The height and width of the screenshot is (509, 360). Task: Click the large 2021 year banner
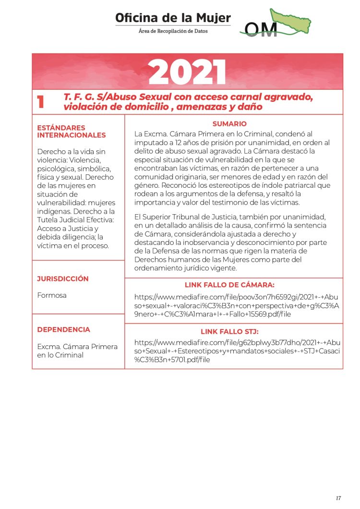pos(187,73)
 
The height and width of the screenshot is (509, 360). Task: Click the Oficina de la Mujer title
pos(173,18)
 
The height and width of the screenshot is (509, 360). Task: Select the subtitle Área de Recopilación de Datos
pos(173,31)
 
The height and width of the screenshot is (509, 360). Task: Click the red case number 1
pos(41,102)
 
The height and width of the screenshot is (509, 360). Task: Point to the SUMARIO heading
pos(229,124)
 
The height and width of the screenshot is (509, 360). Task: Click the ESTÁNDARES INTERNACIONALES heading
pos(72,131)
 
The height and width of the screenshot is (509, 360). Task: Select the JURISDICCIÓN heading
pos(63,279)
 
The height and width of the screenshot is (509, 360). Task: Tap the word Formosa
pos(52,295)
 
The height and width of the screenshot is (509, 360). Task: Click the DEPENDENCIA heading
pos(63,329)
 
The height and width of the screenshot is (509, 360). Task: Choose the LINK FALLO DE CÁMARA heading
pos(229,285)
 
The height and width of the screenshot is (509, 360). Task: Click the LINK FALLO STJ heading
pos(229,331)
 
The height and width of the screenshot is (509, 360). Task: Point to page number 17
pos(338,497)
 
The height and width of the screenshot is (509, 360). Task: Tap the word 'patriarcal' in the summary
pos(296,185)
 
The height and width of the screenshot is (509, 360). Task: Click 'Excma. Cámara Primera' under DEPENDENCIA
pos(77,346)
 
